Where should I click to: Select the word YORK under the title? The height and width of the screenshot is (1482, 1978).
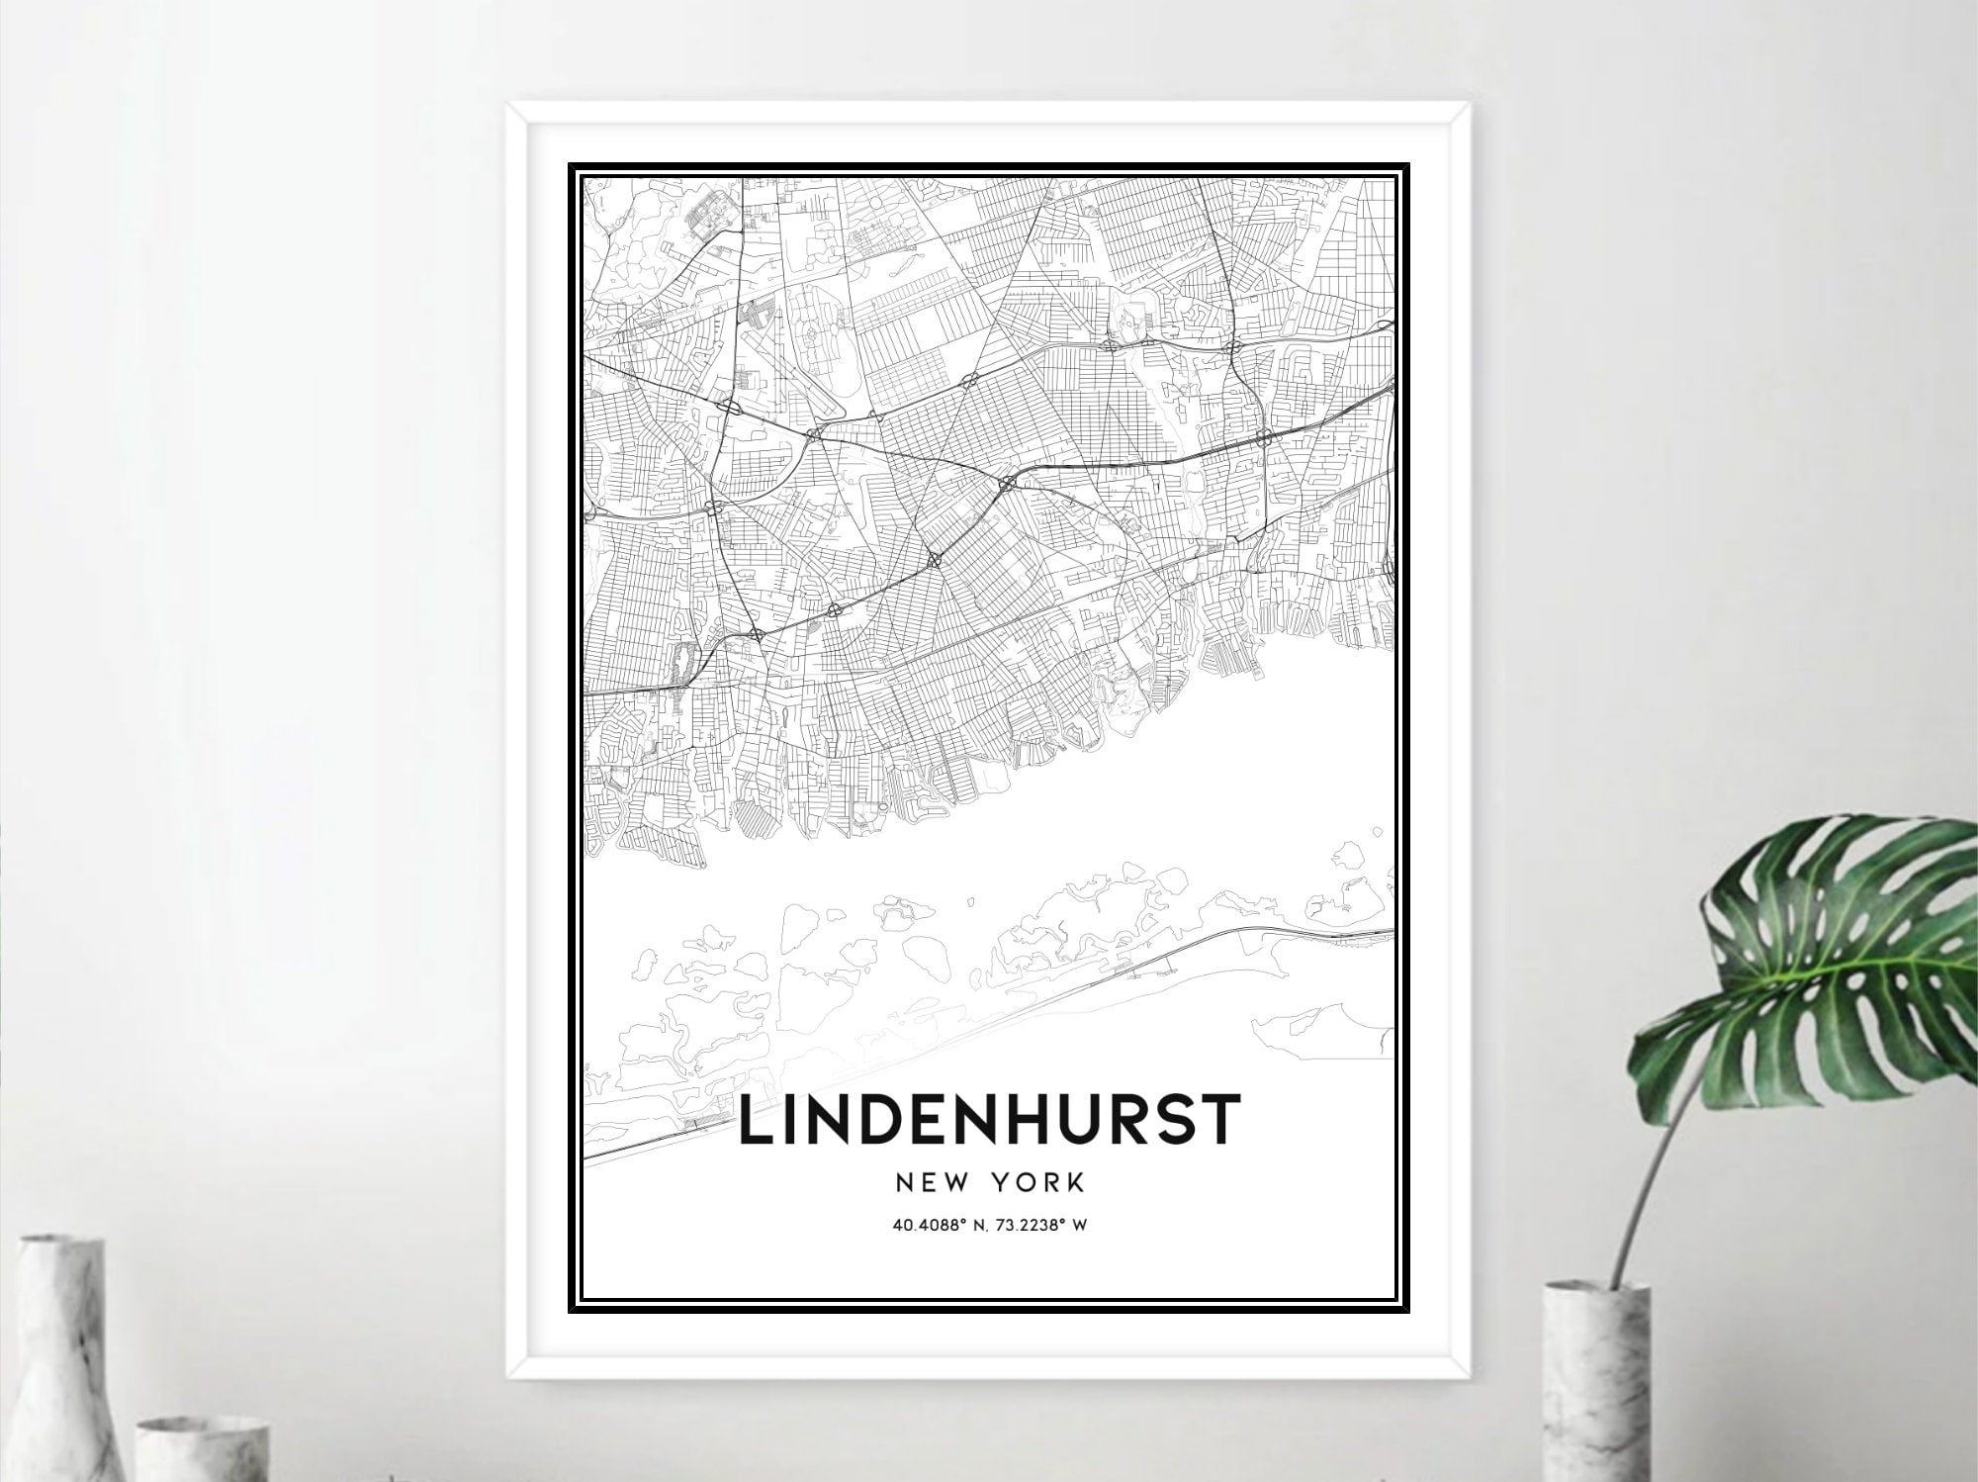pos(1042,1183)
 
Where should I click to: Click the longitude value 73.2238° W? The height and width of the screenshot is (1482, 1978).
pos(1043,1226)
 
